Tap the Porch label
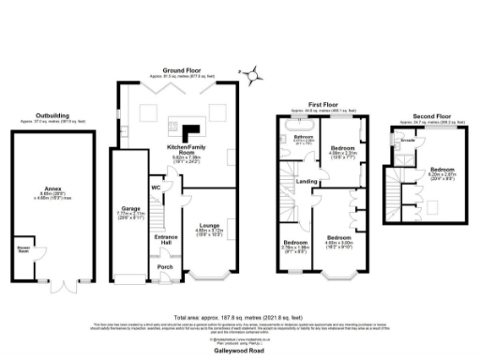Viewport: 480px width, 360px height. pyautogui.click(x=165, y=266)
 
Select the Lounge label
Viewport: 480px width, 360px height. pyautogui.click(x=209, y=226)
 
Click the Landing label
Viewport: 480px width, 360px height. pyautogui.click(x=307, y=180)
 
